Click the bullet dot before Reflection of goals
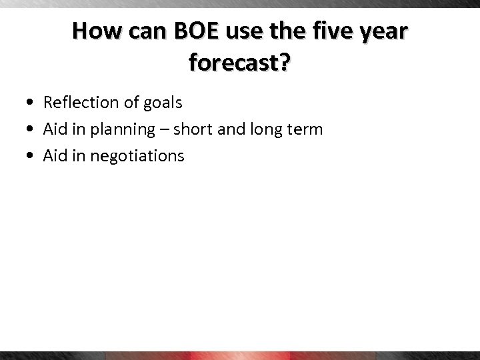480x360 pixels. (32, 103)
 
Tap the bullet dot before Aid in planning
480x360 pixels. (32, 129)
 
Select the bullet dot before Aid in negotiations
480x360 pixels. (32, 156)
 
